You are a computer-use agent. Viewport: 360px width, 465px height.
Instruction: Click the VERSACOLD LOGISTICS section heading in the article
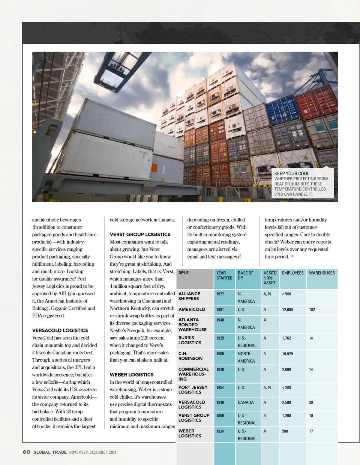pyautogui.click(x=60, y=330)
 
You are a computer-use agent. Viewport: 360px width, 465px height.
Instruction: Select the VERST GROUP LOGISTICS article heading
pyautogui.click(x=140, y=235)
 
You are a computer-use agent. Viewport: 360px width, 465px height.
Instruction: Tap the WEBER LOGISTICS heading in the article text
pyautogui.click(x=132, y=375)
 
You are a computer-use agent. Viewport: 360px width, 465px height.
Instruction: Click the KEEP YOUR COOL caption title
pyautogui.click(x=291, y=173)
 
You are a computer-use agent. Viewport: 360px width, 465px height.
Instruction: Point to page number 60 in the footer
pyautogui.click(x=26, y=452)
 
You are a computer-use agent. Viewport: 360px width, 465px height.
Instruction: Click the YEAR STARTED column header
pyautogui.click(x=224, y=275)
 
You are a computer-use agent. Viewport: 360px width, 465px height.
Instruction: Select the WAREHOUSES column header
pyautogui.click(x=322, y=273)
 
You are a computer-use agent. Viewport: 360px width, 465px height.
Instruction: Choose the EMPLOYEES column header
pyautogui.click(x=292, y=273)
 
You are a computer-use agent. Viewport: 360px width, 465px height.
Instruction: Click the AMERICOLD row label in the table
pyautogui.click(x=192, y=310)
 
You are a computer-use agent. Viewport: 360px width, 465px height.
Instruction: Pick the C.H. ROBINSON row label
pyautogui.click(x=190, y=356)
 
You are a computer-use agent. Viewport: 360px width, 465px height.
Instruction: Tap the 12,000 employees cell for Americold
pyautogui.click(x=287, y=310)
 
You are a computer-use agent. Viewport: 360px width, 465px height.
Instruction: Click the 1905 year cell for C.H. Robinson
pyautogui.click(x=220, y=354)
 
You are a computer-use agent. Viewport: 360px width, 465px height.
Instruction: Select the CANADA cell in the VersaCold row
pyautogui.click(x=246, y=403)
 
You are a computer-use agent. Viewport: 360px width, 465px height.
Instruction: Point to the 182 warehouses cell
pyautogui.click(x=312, y=310)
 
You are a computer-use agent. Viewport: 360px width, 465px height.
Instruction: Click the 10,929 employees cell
pyautogui.click(x=287, y=354)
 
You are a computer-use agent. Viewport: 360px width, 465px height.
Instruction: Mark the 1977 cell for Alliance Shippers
pyautogui.click(x=220, y=294)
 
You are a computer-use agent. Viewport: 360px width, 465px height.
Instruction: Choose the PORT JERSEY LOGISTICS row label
pyautogui.click(x=193, y=390)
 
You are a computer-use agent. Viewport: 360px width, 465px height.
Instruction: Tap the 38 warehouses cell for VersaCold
pyautogui.click(x=311, y=403)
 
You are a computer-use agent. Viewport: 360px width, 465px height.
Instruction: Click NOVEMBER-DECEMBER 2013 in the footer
pyautogui.click(x=93, y=452)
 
